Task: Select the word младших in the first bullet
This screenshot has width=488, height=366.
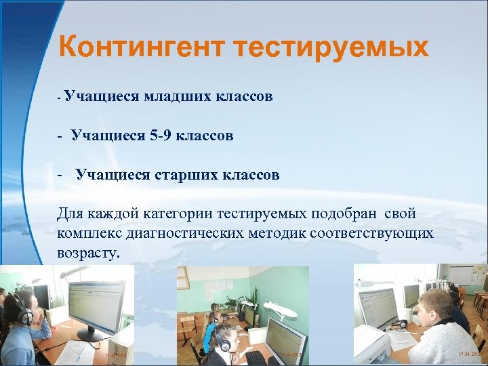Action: coord(177,97)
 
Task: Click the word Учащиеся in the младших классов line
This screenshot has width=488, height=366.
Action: coord(102,97)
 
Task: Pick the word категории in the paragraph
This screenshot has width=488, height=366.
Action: coord(178,214)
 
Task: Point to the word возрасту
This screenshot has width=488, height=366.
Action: coord(88,253)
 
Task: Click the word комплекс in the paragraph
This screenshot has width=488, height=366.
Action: coord(86,234)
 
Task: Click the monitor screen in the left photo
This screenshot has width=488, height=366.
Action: coord(95,305)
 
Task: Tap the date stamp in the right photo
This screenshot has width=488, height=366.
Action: coord(469,354)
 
